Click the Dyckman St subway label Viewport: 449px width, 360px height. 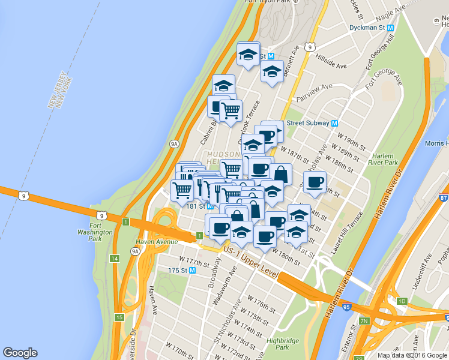pyautogui.click(x=368, y=28)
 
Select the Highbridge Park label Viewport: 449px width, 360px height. pyautogui.click(x=278, y=343)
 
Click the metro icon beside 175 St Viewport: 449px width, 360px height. pyautogui.click(x=192, y=271)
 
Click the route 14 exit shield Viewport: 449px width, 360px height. pyautogui.click(x=114, y=258)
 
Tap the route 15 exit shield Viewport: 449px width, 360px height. pyautogui.click(x=119, y=317)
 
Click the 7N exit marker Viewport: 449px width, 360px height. pyautogui.click(x=364, y=322)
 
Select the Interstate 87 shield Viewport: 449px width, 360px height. pyautogui.click(x=444, y=198)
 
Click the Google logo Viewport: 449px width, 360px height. pyautogui.click(x=20, y=353)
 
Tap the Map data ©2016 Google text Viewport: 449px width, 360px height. pyautogui.click(x=413, y=355)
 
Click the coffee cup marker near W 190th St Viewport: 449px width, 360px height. pyautogui.click(x=314, y=182)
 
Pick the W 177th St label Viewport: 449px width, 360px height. pyautogui.click(x=197, y=262)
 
